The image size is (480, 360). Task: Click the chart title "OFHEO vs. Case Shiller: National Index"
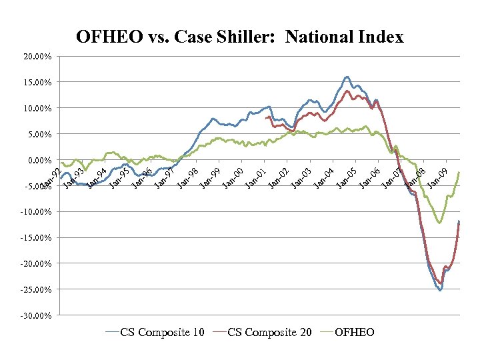pos(240,37)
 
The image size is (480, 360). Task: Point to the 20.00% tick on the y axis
pos(37,57)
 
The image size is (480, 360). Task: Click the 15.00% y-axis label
pos(37,83)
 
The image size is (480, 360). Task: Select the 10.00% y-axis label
pos(37,109)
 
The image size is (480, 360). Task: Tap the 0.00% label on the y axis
pos(39,161)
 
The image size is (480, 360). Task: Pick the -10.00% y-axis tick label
pos(36,213)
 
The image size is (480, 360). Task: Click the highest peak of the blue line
pos(347,77)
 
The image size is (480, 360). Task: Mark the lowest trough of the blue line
pos(440,290)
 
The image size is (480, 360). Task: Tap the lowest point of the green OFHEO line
pos(439,223)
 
